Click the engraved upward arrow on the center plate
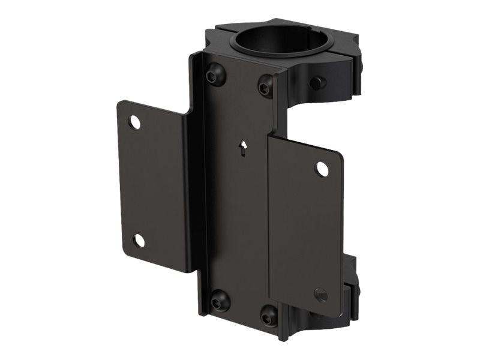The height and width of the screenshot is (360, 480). click(x=243, y=148)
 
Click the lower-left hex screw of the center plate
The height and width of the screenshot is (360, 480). click(x=220, y=300)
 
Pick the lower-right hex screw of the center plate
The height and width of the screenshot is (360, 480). click(x=269, y=314)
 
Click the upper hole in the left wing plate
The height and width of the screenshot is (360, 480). click(x=135, y=122)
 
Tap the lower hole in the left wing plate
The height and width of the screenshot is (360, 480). click(x=139, y=241)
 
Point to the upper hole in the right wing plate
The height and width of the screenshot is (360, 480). click(x=322, y=169)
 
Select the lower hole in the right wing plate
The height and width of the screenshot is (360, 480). click(x=321, y=295)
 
